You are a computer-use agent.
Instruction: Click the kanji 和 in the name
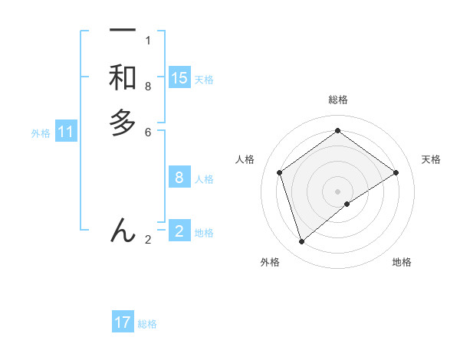click(123, 77)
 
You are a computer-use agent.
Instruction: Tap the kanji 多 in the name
click(123, 122)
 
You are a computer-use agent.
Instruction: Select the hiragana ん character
click(123, 230)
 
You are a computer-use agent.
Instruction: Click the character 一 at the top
click(123, 31)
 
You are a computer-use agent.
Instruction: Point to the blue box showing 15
click(179, 77)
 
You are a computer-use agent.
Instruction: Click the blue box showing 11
click(66, 132)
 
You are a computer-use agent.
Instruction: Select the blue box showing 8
click(179, 178)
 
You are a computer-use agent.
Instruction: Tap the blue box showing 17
click(123, 322)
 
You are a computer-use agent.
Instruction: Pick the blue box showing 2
click(179, 231)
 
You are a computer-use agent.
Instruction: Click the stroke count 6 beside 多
click(148, 132)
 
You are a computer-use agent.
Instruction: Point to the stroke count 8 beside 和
click(148, 87)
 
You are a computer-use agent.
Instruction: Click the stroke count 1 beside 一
click(148, 41)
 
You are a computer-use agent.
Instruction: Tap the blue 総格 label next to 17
click(147, 324)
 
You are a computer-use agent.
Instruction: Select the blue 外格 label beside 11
click(41, 133)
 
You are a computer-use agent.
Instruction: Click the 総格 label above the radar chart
click(337, 100)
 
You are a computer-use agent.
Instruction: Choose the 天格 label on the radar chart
click(432, 159)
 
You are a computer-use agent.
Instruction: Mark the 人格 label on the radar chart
click(245, 159)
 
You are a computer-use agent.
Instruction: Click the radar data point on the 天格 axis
click(396, 172)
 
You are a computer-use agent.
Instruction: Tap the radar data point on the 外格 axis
click(301, 242)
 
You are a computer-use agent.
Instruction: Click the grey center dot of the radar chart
click(337, 191)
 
